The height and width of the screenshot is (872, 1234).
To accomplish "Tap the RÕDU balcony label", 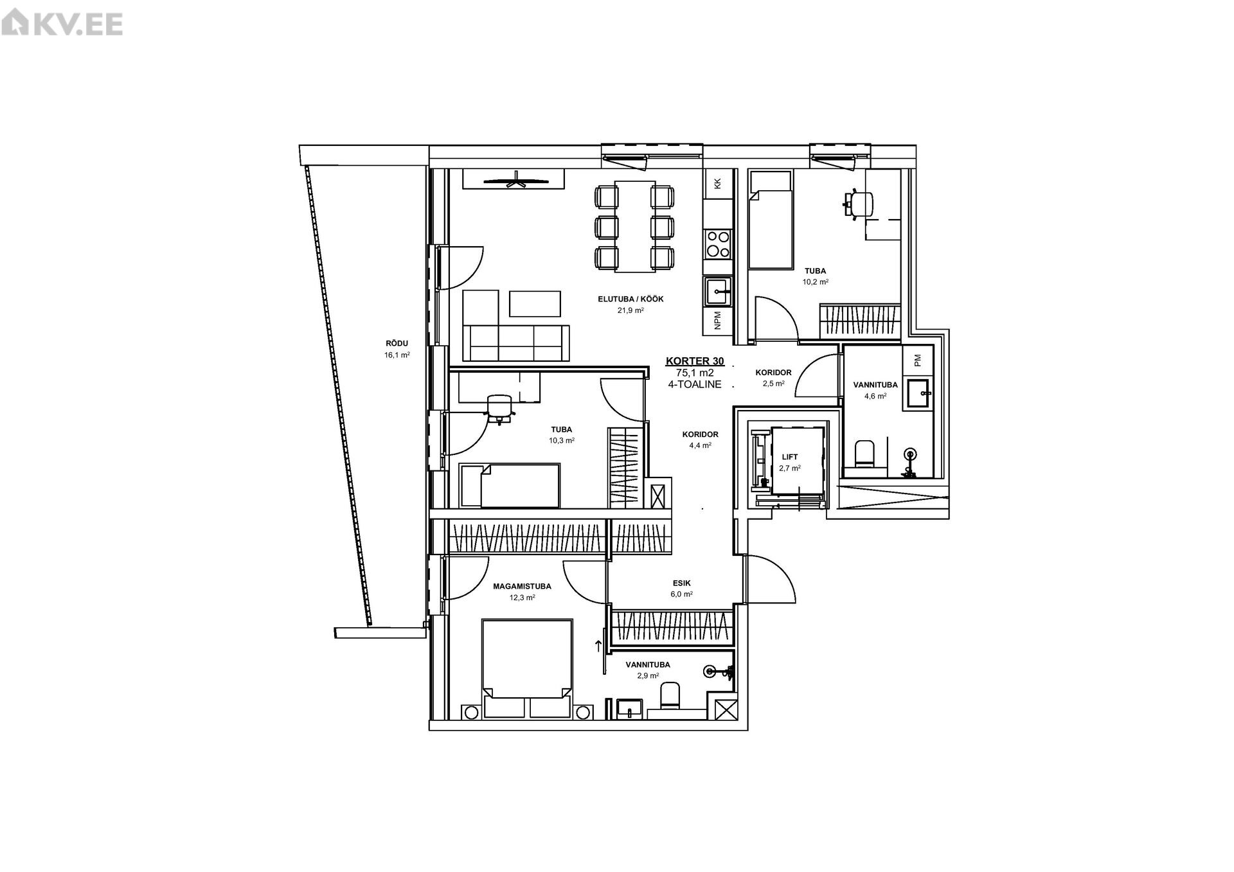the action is (x=397, y=343).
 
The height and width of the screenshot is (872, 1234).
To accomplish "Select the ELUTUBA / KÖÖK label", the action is (x=630, y=299).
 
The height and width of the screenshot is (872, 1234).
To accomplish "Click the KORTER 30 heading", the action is (x=695, y=362).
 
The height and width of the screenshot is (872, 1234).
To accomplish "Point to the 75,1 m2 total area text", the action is (x=695, y=373).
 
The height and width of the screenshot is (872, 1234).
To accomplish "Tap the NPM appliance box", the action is (x=718, y=320).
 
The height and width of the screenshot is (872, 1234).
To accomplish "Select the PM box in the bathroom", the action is (x=918, y=360).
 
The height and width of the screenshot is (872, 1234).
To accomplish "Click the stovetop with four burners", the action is (x=718, y=244).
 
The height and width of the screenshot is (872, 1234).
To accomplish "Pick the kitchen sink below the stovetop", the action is (x=718, y=292).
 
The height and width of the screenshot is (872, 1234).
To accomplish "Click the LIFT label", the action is (x=790, y=457).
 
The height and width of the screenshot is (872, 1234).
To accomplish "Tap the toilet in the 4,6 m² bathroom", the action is (x=864, y=454).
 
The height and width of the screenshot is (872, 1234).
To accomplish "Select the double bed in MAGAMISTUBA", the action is (x=527, y=668).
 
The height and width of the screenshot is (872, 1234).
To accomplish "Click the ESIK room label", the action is (x=683, y=583).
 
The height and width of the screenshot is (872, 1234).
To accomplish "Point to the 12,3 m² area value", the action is (x=523, y=597).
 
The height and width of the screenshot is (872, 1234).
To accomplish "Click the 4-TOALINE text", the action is (x=695, y=384).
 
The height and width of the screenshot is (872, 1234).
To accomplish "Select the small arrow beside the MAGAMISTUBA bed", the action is (x=598, y=647).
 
